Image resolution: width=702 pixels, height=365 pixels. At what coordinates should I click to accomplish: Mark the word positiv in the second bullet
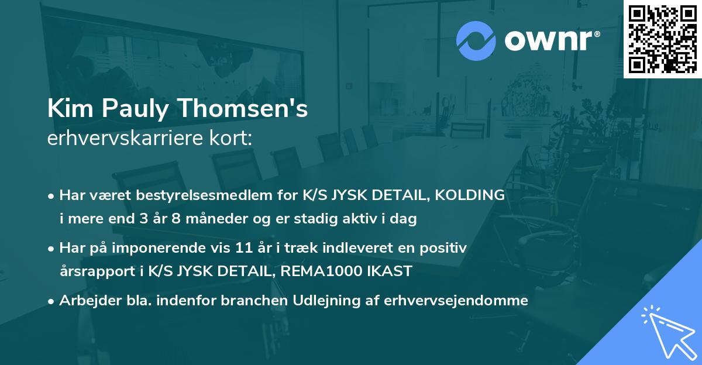(x=446, y=248)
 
